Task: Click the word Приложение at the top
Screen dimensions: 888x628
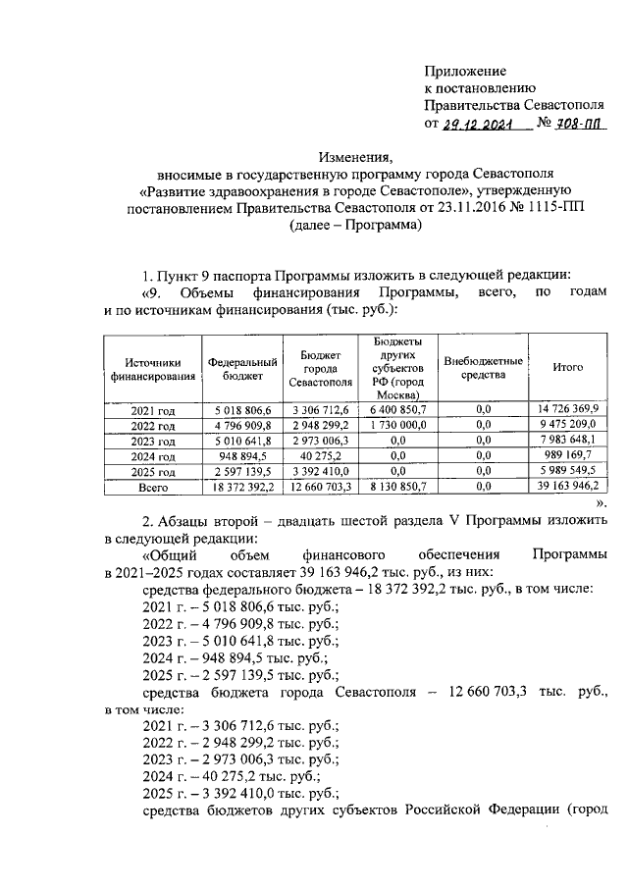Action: point(465,71)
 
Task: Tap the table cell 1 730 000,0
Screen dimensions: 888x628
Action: point(398,425)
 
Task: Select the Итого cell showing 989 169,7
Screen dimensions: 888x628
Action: point(567,456)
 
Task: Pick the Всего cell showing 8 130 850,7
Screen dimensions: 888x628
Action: point(398,486)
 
